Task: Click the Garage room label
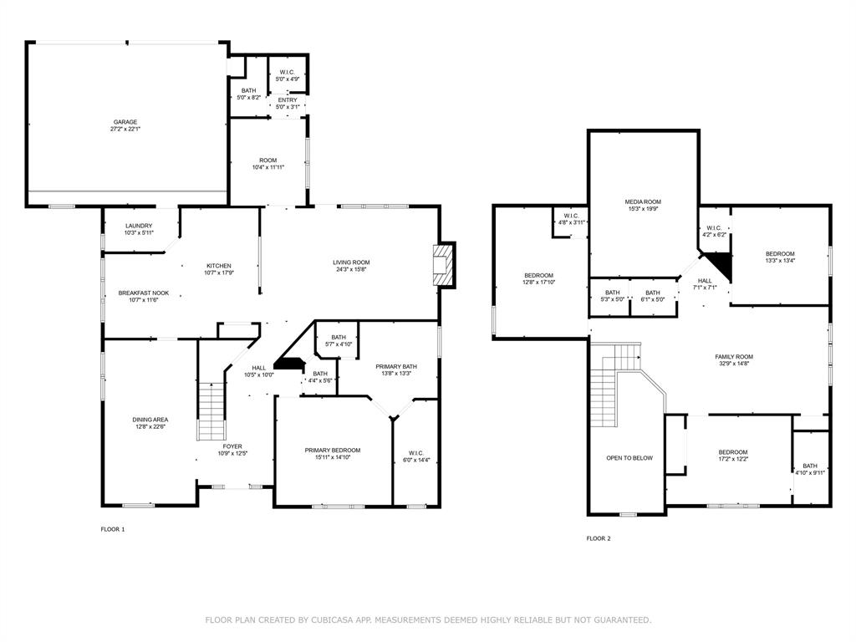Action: tap(125, 125)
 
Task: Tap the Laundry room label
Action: tap(139, 229)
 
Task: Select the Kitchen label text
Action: tap(219, 269)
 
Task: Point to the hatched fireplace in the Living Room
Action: tap(443, 265)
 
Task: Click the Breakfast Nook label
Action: tap(144, 297)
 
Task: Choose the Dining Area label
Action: tap(150, 423)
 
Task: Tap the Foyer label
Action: tap(232, 449)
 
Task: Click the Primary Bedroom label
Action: tap(333, 454)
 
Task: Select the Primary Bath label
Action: tap(396, 369)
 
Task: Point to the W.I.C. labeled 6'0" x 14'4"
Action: tap(416, 456)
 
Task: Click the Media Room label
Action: tap(643, 205)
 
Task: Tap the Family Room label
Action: tap(734, 359)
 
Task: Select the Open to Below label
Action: tap(629, 458)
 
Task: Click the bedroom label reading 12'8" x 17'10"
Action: tap(539, 279)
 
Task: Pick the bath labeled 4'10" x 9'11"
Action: tap(810, 470)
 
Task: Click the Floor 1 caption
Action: tap(113, 529)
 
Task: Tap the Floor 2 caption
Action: tap(599, 538)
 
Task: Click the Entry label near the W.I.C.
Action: tap(288, 103)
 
